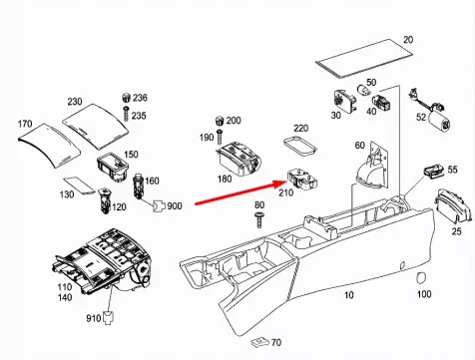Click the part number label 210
(285, 192)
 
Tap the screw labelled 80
(259, 219)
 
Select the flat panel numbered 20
(364, 59)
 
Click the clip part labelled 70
(259, 341)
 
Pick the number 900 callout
(175, 206)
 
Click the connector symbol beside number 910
(109, 317)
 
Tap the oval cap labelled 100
(421, 276)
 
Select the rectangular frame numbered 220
(300, 146)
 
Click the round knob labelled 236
(127, 98)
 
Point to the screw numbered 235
(126, 114)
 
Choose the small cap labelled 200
(220, 120)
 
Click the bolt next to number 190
(219, 137)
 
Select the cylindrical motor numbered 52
(439, 122)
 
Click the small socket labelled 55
(433, 171)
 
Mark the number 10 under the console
(348, 295)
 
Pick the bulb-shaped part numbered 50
(363, 90)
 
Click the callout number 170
(25, 124)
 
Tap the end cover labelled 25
(453, 206)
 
